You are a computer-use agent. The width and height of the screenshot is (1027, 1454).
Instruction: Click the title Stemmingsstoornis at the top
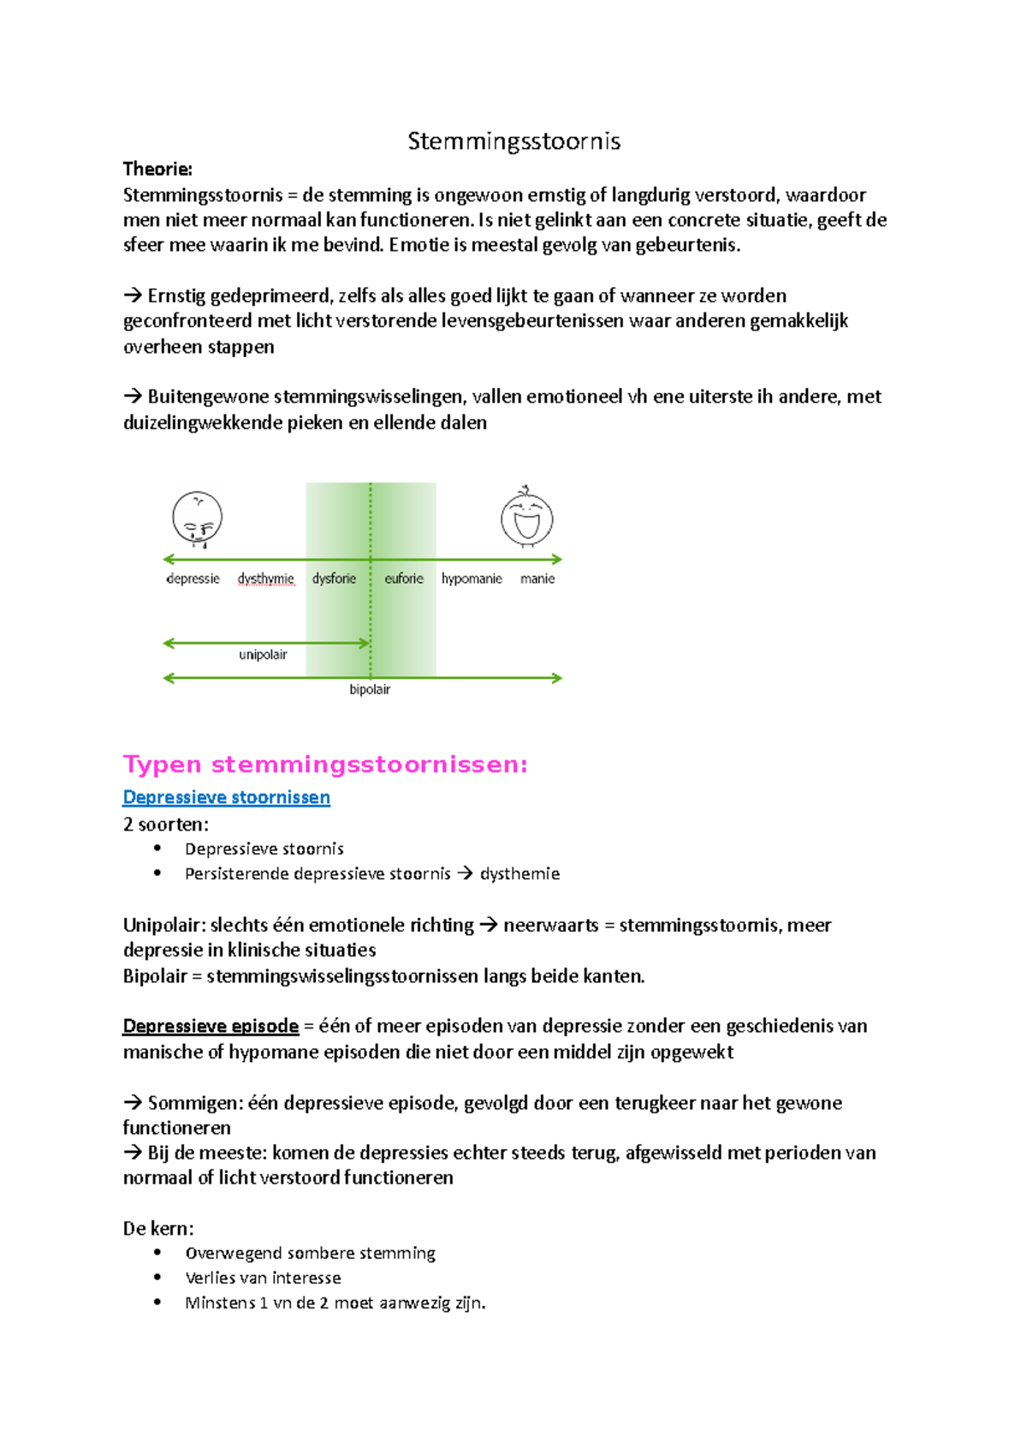point(513,141)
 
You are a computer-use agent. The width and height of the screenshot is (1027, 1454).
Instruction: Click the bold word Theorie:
point(157,169)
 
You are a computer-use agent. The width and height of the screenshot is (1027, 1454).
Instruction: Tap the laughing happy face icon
point(526,517)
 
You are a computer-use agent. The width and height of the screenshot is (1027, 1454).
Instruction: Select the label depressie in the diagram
point(193,579)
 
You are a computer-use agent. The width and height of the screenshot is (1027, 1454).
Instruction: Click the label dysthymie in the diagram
point(265,579)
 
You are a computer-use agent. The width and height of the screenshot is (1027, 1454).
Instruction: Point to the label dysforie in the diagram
point(334,579)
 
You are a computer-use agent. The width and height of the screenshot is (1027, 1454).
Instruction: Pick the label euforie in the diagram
point(404,579)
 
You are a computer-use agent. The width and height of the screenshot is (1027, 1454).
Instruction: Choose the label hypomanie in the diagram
point(472,579)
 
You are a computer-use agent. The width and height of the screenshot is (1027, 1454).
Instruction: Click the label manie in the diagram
point(537,579)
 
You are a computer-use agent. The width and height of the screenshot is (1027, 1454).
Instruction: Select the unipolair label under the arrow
point(263,655)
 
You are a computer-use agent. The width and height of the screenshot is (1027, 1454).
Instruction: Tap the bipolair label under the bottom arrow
point(370,689)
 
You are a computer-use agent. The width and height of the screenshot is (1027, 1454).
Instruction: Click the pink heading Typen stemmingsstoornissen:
point(325,764)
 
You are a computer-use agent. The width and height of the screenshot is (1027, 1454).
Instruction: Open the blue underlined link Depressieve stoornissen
point(226,797)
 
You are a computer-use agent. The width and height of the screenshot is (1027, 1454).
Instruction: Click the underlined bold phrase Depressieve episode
point(211,1026)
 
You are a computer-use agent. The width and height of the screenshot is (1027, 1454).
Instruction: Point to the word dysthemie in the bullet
point(519,873)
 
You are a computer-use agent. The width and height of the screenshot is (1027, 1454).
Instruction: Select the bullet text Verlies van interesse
point(263,1278)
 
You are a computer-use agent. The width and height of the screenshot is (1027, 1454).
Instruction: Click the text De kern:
point(158,1228)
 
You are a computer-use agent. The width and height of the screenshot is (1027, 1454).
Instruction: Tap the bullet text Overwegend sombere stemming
point(310,1253)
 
